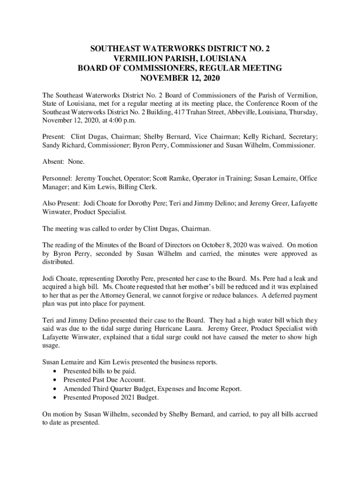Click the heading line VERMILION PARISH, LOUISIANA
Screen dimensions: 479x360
[180, 58]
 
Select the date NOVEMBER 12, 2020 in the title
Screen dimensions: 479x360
[180, 78]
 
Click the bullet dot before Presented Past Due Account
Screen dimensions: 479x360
[55, 380]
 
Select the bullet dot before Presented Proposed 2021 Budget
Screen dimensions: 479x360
[55, 398]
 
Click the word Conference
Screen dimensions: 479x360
[269, 104]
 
